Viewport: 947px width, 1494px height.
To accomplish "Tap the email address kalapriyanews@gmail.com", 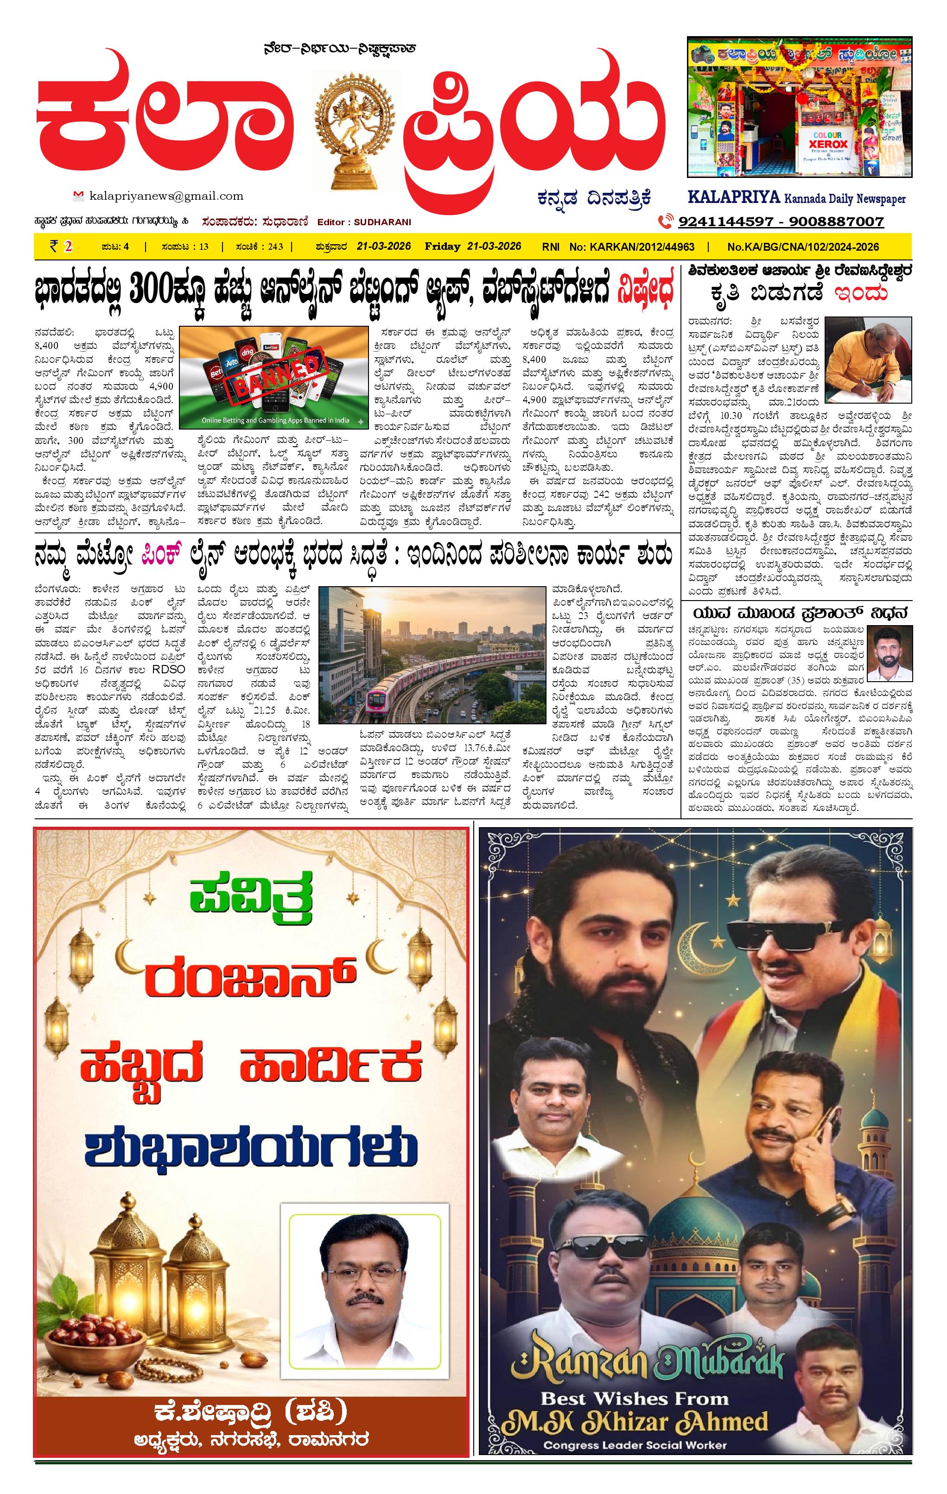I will pos(166,196).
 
